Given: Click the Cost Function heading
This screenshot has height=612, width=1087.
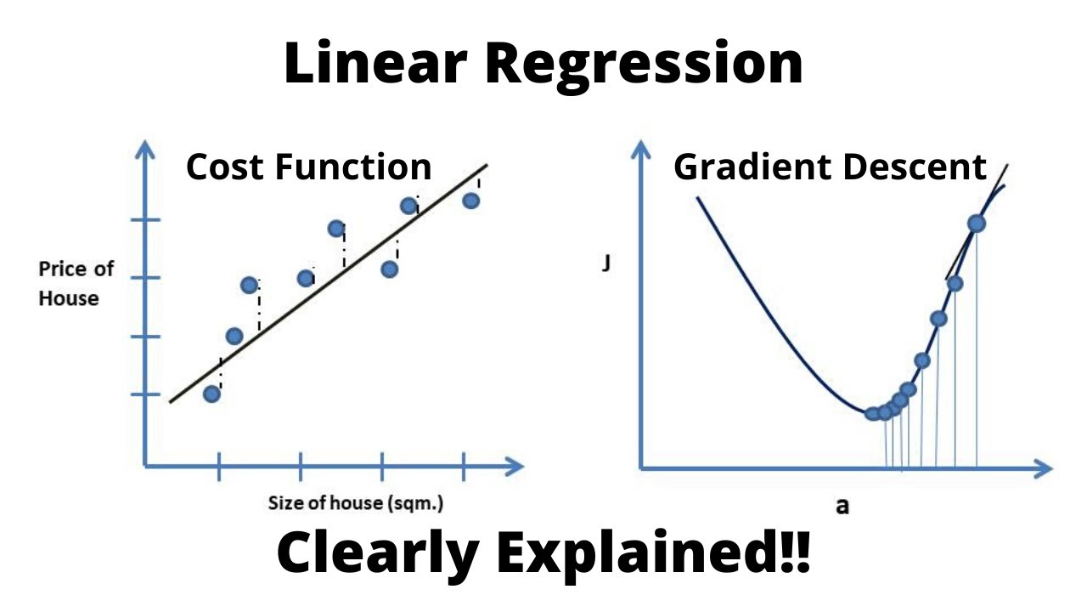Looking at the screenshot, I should [x=309, y=167].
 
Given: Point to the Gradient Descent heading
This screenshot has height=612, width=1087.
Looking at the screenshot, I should [x=830, y=167].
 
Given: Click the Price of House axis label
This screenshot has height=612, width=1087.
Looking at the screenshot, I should [x=76, y=284].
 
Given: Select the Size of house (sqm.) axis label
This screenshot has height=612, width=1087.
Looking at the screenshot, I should [x=356, y=502].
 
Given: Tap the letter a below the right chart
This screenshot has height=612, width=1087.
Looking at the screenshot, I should [x=842, y=507].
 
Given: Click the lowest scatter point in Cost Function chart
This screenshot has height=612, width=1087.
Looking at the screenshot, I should [x=212, y=394].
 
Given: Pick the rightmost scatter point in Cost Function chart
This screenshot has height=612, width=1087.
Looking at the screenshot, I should [x=471, y=201].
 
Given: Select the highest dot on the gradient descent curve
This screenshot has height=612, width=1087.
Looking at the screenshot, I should [x=977, y=224].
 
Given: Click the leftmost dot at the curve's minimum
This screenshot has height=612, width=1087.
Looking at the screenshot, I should [x=872, y=414].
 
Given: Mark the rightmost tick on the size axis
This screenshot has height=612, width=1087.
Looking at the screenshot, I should [x=463, y=466].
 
